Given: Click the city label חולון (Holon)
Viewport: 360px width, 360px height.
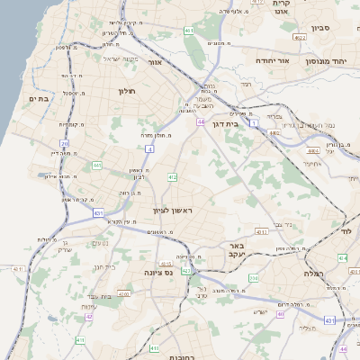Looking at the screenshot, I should point(125,91).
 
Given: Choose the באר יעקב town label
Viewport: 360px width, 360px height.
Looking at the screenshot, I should point(236,249).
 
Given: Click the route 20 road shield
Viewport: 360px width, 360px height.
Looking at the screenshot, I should point(65,143).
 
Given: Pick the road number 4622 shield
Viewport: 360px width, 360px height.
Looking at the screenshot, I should point(299,39).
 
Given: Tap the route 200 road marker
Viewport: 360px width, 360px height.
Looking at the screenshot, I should point(254,278).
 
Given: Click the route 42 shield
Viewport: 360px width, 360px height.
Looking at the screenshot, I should point(89,317).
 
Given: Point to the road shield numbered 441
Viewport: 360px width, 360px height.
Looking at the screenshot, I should point(96,166).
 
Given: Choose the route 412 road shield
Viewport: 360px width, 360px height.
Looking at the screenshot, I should point(172,178).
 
